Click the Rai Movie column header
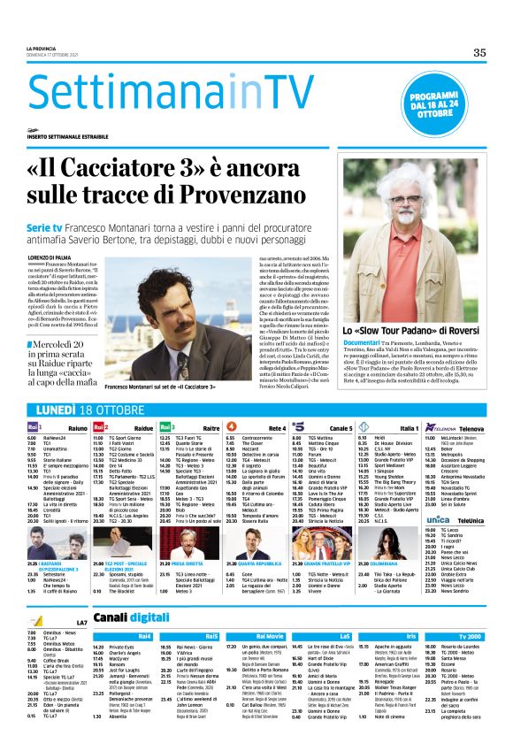tap(272, 610)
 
